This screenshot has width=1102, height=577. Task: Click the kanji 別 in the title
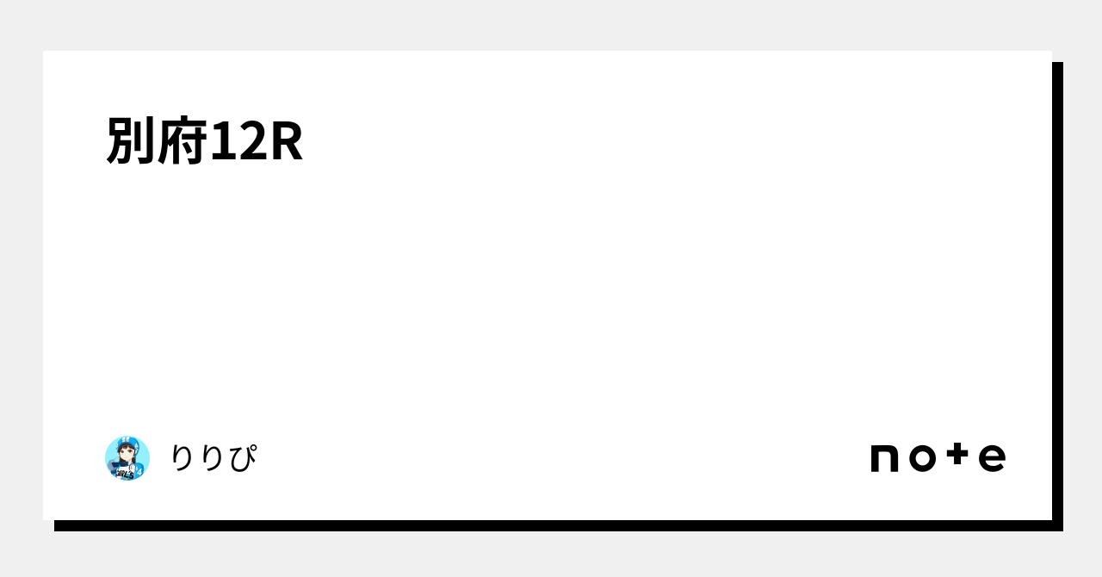tap(132, 140)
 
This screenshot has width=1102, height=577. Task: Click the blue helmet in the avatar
tap(127, 443)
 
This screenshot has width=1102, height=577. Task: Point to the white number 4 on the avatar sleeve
tap(139, 470)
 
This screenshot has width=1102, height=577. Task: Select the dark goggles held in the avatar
tap(119, 463)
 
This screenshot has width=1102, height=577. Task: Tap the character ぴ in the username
tap(241, 458)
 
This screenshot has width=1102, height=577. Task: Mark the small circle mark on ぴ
tap(252, 448)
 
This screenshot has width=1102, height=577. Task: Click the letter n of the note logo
tap(886, 458)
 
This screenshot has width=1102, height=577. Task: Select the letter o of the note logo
tap(921, 458)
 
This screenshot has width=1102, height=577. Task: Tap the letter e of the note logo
tap(992, 458)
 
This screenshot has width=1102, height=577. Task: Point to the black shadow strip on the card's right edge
tap(1057, 293)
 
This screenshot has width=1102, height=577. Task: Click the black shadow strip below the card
tap(551, 525)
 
